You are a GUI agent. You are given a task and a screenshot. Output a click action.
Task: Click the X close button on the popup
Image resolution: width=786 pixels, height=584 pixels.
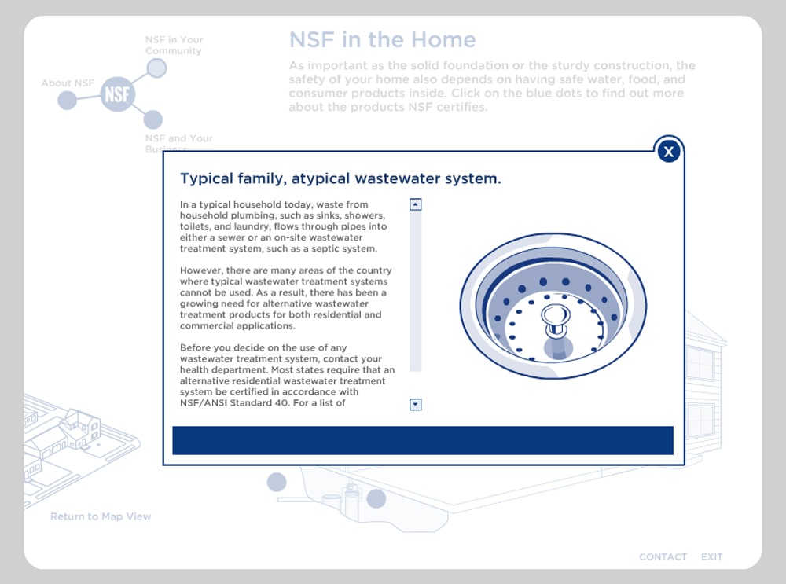coord(669,151)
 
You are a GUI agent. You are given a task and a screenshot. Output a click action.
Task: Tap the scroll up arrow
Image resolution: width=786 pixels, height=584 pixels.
coord(416,204)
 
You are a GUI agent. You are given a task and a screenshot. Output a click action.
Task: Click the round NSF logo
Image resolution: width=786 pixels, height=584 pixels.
coord(118,95)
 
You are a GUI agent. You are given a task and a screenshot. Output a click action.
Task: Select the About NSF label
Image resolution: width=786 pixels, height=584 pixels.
coord(68,83)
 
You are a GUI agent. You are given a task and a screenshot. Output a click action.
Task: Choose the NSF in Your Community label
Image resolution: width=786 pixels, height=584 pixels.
coord(174,45)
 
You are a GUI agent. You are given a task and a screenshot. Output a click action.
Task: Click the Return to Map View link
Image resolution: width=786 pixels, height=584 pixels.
coord(101,516)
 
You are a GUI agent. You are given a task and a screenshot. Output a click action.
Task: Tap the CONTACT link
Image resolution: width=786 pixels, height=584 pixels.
coord(663,556)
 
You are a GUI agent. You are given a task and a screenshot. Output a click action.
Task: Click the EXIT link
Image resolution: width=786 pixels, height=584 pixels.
coord(711,556)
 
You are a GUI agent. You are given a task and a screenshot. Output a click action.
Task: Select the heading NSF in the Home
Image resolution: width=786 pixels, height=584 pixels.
coord(382,39)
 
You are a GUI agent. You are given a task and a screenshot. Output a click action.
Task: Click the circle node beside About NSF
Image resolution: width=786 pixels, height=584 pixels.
coord(68,101)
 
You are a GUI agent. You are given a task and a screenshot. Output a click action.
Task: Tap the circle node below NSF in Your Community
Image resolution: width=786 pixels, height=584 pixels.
coord(157,68)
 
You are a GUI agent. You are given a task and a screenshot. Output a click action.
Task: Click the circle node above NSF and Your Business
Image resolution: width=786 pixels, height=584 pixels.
coord(153,119)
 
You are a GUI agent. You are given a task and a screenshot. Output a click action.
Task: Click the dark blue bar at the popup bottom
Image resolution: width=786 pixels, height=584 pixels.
coord(423,440)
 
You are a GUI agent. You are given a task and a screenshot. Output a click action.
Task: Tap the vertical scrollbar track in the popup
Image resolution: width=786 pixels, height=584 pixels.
coord(416,299)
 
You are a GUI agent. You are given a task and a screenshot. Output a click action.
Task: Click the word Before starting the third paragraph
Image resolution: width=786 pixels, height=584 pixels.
coord(196,347)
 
